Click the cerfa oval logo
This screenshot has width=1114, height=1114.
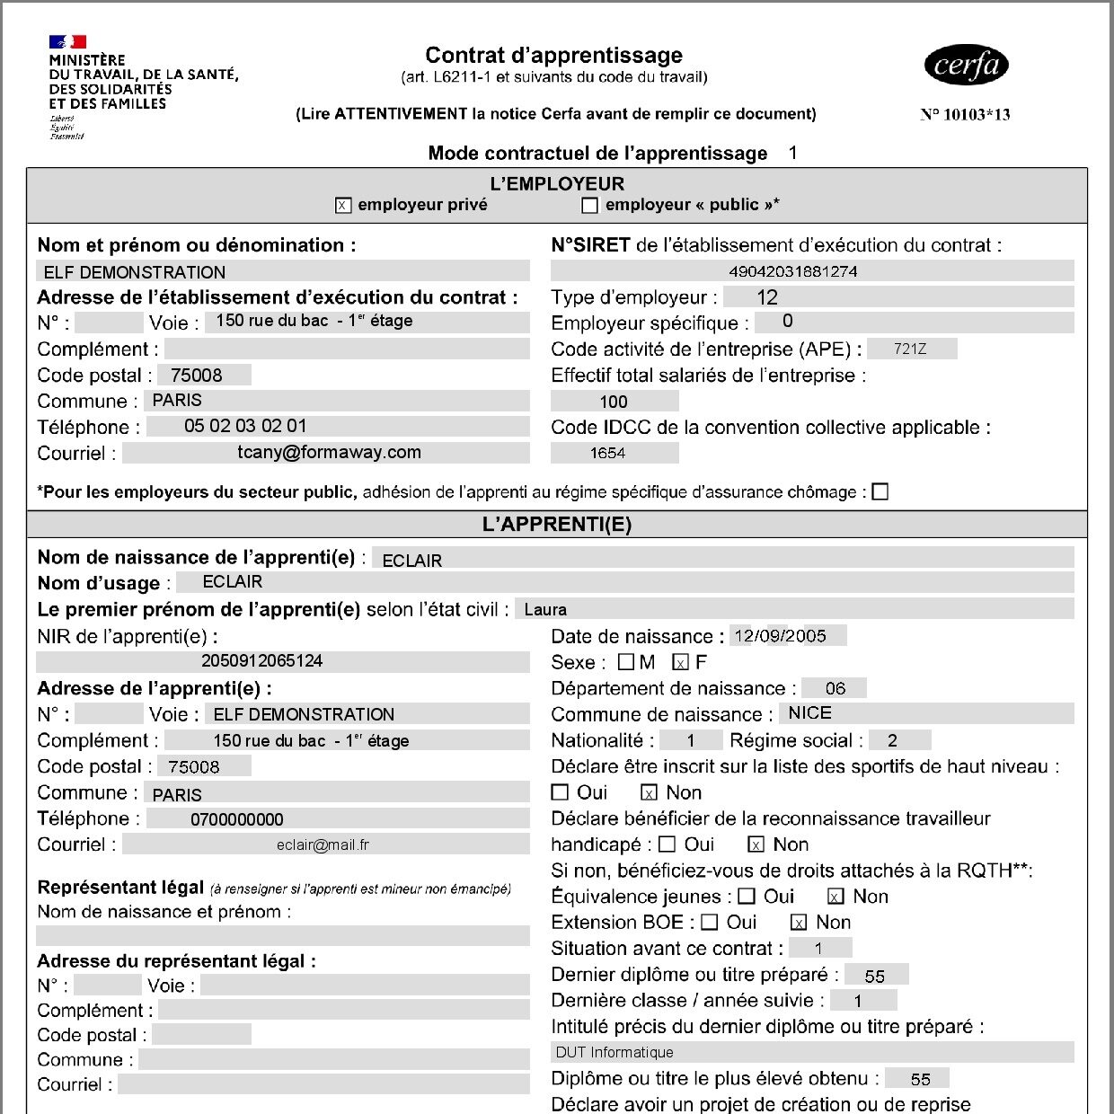966,65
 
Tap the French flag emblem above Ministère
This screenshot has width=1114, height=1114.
67,41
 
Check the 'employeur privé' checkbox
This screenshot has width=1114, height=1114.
343,206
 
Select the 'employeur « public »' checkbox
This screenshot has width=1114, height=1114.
589,206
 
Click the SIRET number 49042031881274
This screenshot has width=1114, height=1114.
792,271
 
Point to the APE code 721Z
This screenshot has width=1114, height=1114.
910,349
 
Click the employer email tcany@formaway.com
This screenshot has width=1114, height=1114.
329,453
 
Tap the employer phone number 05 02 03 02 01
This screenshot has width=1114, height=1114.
245,426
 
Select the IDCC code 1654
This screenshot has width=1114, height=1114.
607,453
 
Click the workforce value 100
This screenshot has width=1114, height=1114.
614,402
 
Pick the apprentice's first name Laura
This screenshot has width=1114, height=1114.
545,609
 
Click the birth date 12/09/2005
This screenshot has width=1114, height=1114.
780,636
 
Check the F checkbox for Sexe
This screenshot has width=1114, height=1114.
680,663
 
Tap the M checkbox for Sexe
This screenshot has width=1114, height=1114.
626,663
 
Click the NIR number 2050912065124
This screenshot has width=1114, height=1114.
261,661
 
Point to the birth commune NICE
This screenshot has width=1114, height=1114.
809,713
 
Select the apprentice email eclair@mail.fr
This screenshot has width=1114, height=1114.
323,844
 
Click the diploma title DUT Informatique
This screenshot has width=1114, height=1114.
614,1052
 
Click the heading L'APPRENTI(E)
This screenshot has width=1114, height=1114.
557,525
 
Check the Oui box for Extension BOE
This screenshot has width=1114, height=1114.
709,923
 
